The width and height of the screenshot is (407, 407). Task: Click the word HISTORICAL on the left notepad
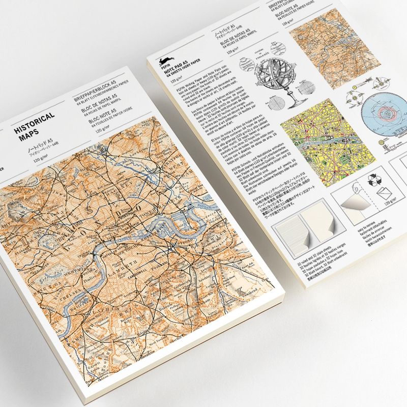36,120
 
